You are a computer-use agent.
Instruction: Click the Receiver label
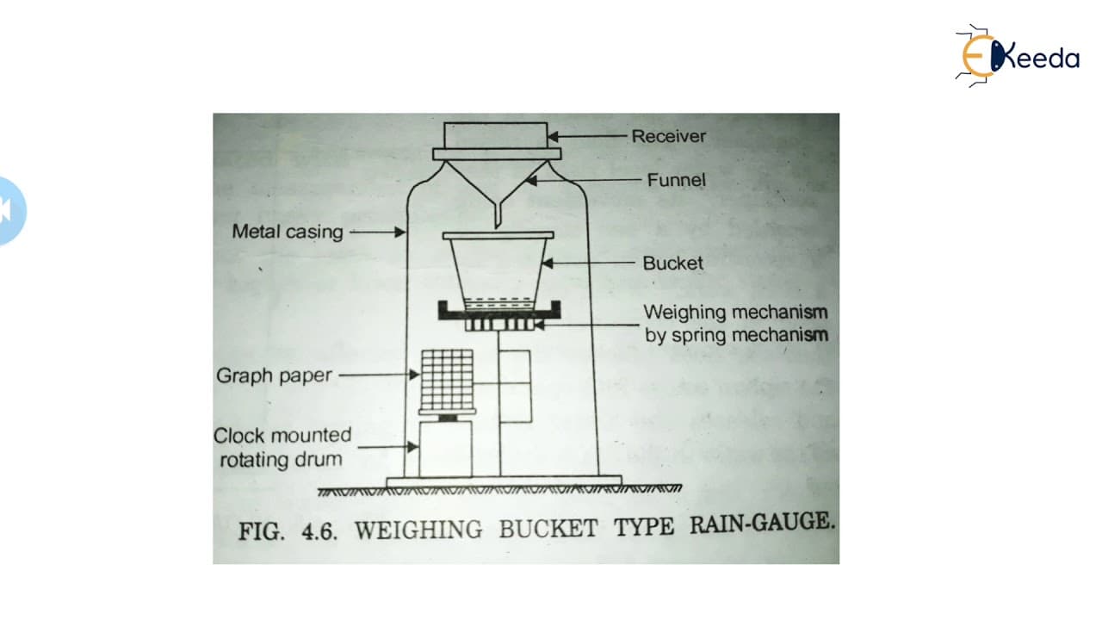(x=669, y=136)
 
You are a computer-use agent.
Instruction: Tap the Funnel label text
(x=676, y=180)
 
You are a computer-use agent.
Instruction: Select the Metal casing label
(x=288, y=232)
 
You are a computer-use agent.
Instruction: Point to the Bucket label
(x=672, y=263)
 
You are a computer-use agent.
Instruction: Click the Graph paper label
(x=274, y=376)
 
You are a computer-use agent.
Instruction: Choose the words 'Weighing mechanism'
(x=735, y=313)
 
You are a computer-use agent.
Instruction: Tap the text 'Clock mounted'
(x=282, y=436)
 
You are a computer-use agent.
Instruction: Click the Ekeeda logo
(x=1017, y=56)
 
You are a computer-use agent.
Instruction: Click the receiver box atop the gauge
(x=495, y=135)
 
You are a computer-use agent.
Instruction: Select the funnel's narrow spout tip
(x=497, y=227)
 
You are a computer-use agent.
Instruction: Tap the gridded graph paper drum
(x=447, y=380)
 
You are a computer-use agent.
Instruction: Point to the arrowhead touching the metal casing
(x=400, y=232)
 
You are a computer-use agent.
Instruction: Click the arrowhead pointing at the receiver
(x=553, y=137)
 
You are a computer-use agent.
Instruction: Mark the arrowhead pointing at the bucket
(x=547, y=263)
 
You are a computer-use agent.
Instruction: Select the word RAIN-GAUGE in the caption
(x=762, y=523)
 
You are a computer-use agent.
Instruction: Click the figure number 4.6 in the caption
(x=319, y=532)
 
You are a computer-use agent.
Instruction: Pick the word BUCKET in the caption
(x=548, y=529)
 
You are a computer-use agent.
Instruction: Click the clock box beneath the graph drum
(x=446, y=449)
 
